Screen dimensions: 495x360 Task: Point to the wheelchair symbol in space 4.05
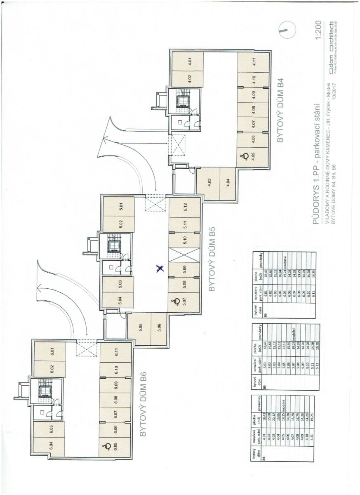tap(245, 156)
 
